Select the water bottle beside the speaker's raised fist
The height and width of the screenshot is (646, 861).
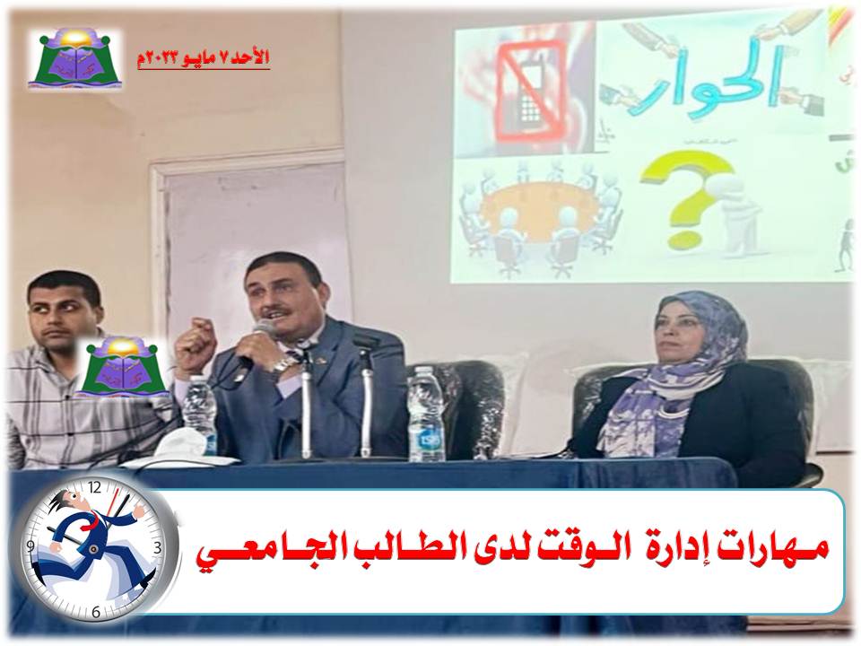coord(200,414)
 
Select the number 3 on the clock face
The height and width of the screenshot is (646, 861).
coord(158,546)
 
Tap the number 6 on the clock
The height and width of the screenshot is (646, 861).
coord(96,611)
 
